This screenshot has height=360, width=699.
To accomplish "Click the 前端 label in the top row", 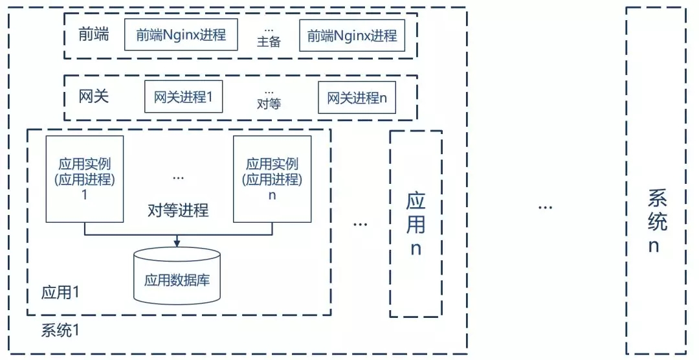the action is click(94, 34).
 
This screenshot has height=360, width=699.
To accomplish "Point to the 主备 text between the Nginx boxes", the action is click(269, 42).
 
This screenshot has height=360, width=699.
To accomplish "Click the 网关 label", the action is click(94, 96).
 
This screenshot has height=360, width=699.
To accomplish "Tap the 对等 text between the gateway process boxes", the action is click(269, 104).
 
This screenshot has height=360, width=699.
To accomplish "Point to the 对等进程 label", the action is click(179, 210).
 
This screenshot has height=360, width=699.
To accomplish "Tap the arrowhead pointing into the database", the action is click(177, 243).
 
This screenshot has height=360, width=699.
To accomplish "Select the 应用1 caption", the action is click(60, 293).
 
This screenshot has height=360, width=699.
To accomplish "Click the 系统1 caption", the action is click(60, 331).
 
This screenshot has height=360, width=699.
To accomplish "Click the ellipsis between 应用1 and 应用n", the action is click(361, 224).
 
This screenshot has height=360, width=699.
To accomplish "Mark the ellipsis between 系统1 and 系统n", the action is click(546, 207).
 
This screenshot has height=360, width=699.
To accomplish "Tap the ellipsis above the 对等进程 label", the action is click(178, 179).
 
